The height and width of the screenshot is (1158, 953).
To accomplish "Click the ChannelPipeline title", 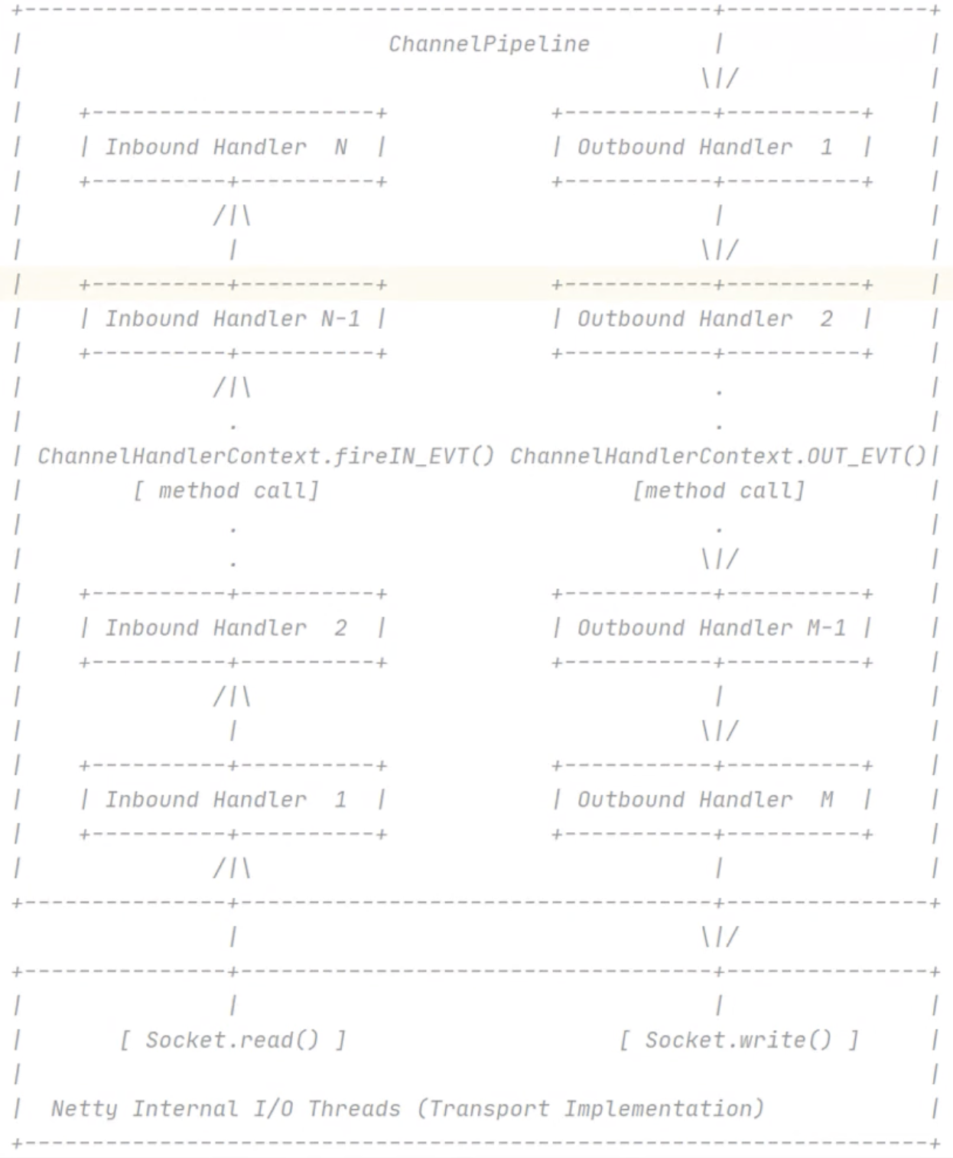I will (x=489, y=44).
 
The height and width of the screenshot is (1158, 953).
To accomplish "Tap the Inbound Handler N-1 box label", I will (x=232, y=319).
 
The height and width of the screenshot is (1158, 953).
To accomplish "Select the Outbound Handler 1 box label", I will (x=704, y=147).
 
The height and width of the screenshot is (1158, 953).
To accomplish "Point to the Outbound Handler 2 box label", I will (x=704, y=319).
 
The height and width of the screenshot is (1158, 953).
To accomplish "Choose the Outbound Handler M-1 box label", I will (x=711, y=628).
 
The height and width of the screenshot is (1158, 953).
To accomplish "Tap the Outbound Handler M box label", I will (x=704, y=800).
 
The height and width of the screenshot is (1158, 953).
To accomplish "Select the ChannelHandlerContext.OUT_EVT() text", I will (x=718, y=457).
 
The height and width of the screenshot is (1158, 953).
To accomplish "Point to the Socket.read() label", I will (x=233, y=1040).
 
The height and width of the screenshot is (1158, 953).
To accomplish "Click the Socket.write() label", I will (x=738, y=1040).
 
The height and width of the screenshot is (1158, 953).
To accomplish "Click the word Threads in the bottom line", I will (x=354, y=1109).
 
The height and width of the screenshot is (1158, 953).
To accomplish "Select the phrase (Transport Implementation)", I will (x=590, y=1109).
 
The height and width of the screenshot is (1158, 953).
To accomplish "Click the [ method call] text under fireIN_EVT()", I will (x=226, y=491).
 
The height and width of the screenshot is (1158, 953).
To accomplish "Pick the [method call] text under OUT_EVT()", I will (x=718, y=491).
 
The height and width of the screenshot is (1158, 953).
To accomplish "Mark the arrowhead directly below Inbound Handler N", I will (x=232, y=216).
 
